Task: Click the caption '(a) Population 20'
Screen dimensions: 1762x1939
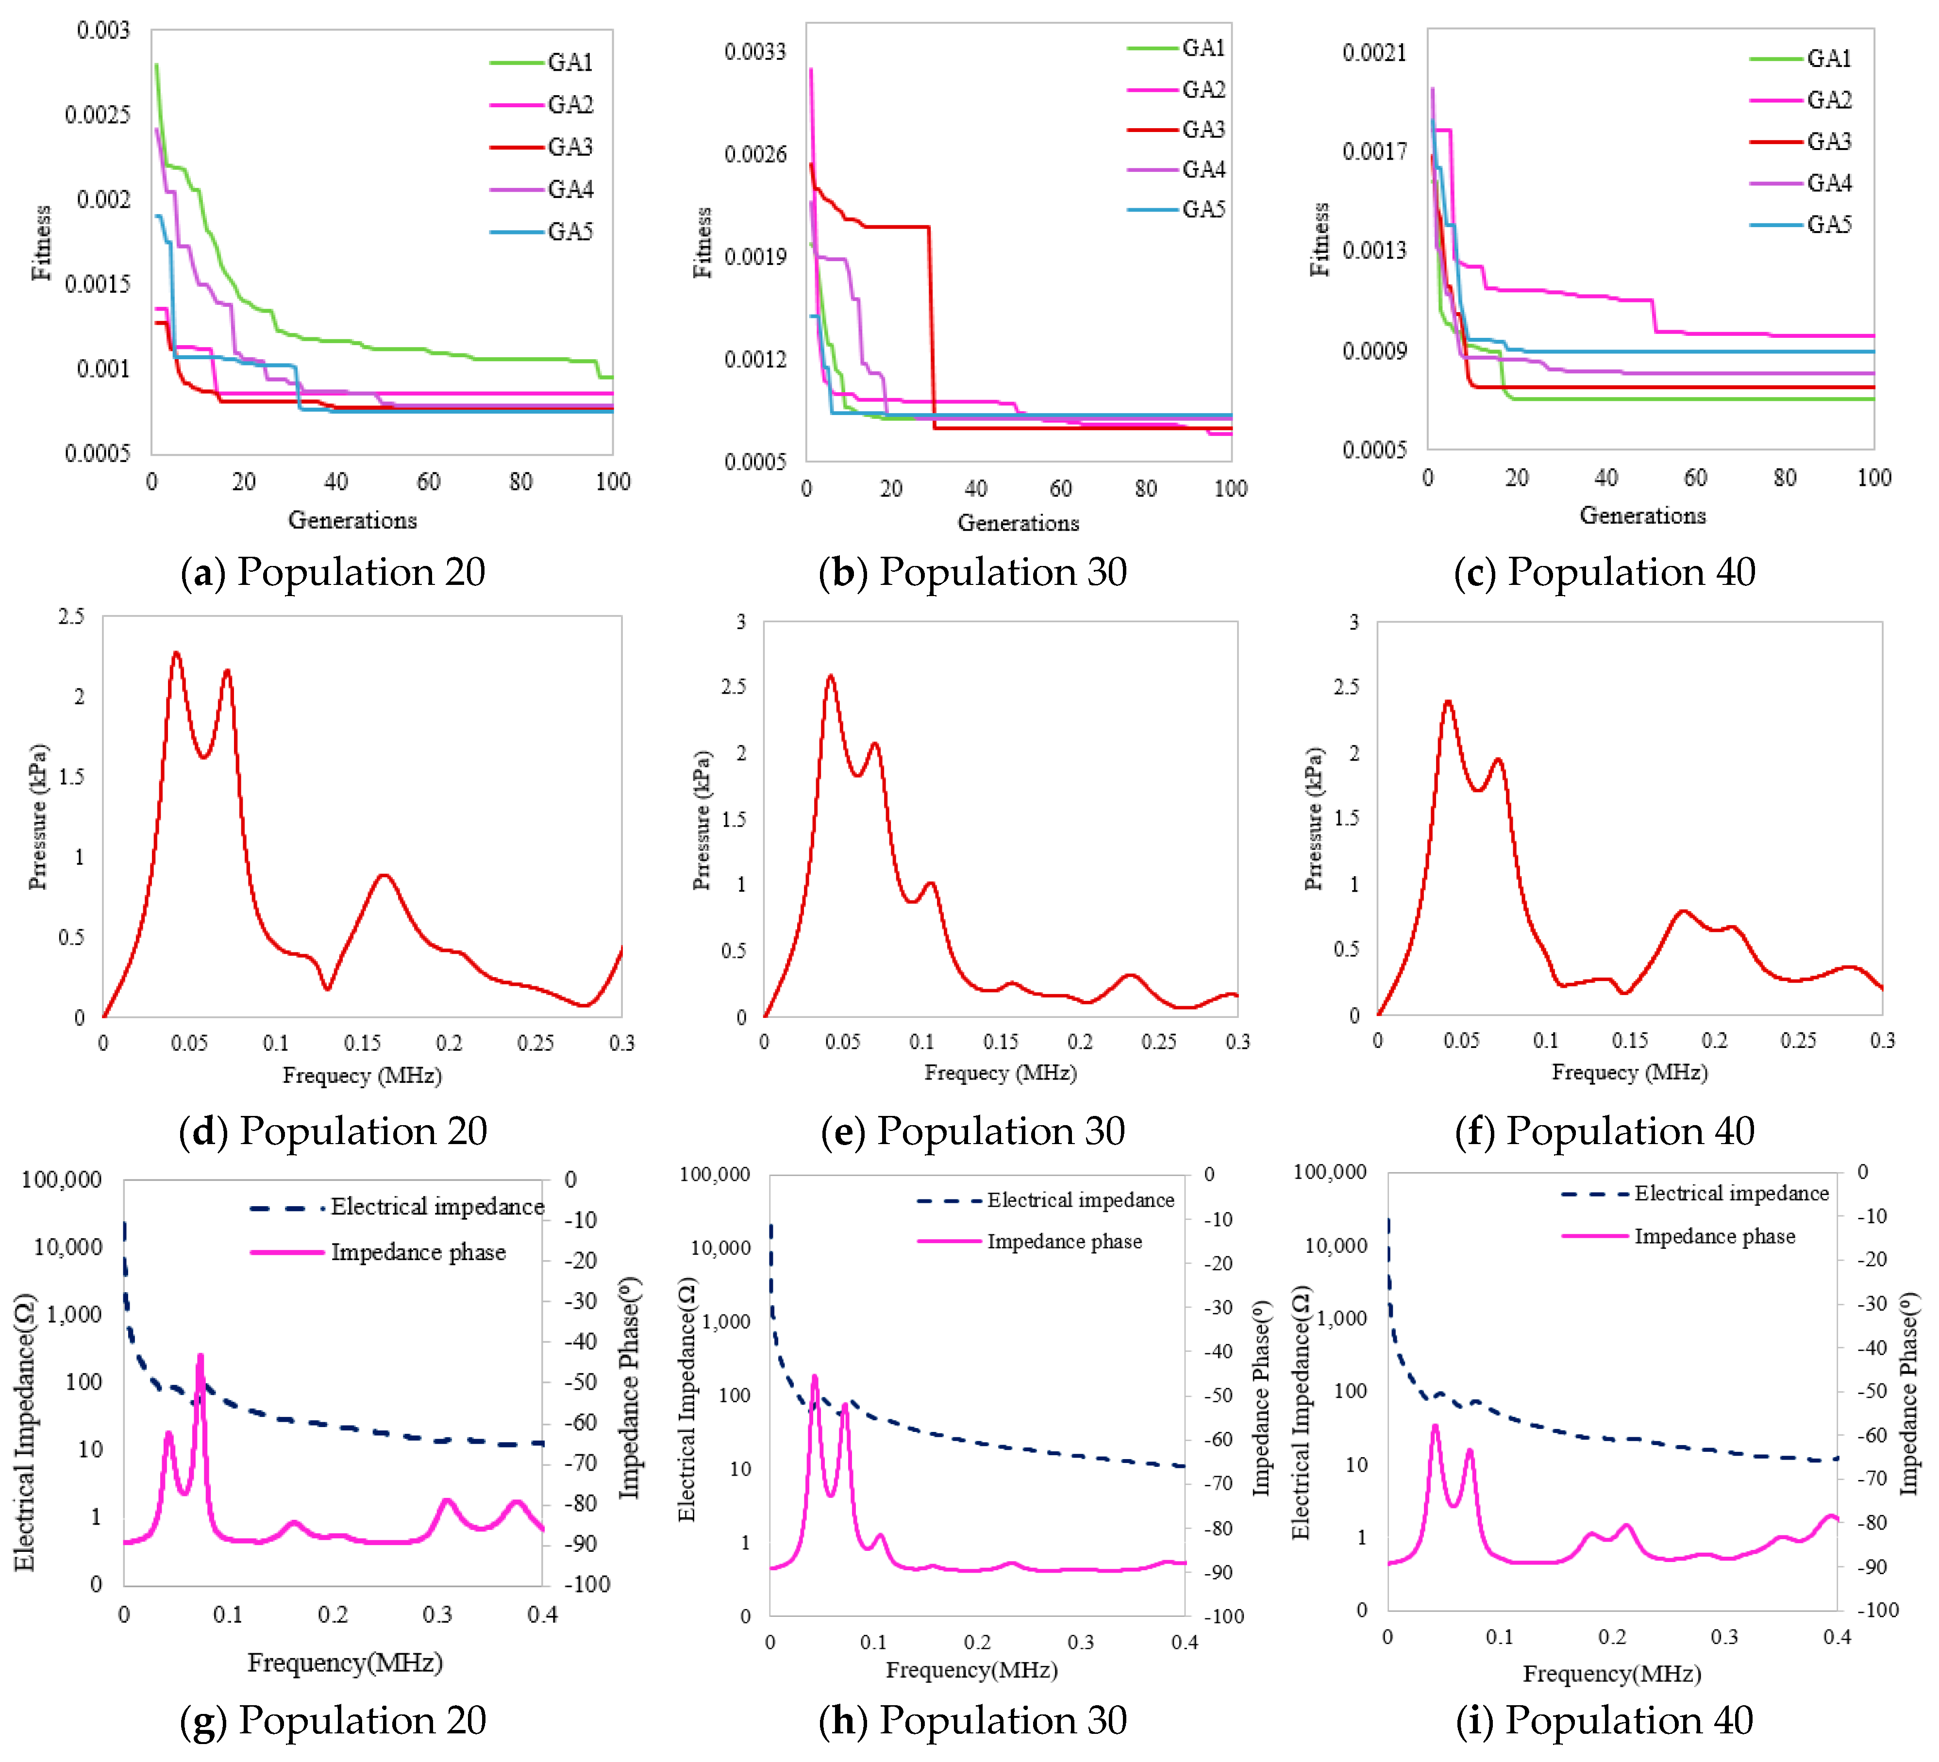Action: point(333,572)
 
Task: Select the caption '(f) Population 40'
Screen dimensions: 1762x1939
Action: point(1605,1131)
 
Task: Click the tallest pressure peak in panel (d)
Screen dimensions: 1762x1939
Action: point(176,654)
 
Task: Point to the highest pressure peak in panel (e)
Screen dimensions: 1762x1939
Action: point(831,677)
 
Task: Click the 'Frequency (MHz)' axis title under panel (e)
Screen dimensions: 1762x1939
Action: point(1000,1072)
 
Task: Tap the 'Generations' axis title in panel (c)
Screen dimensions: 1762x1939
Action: point(1643,515)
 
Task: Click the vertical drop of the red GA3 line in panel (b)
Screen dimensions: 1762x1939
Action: point(931,327)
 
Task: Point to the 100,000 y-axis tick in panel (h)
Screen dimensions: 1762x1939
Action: point(715,1174)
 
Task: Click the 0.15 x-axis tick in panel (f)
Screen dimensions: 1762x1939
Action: point(1630,1041)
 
